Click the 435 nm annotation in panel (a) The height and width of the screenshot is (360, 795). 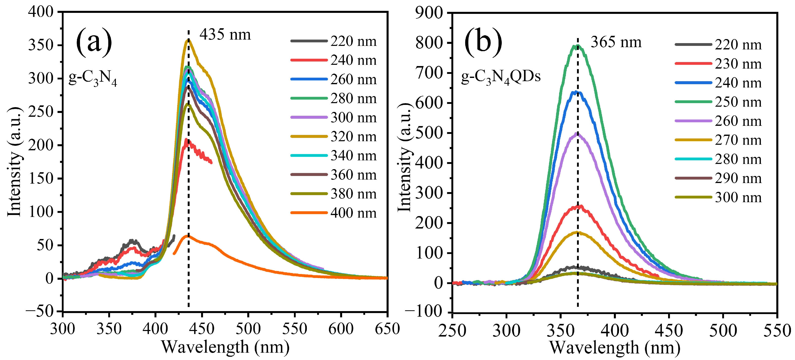pyautogui.click(x=225, y=34)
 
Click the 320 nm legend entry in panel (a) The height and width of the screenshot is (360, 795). pyautogui.click(x=333, y=137)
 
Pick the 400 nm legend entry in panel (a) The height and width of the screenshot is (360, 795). pyautogui.click(x=333, y=213)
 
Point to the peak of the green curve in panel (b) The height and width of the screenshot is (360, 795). pyautogui.click(x=577, y=46)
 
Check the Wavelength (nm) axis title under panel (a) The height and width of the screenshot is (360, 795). pyautogui.click(x=225, y=347)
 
